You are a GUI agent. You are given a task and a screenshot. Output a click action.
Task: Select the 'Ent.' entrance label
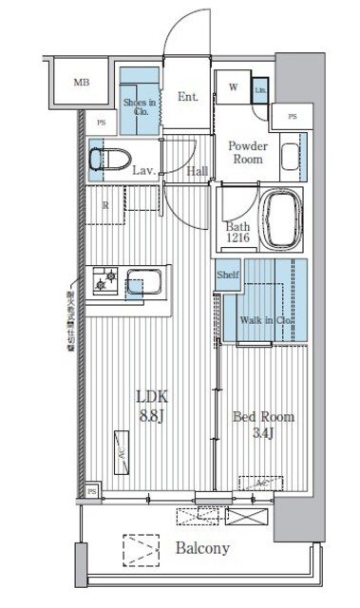[x=186, y=96]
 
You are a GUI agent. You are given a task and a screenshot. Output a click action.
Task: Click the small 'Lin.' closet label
[x=260, y=90]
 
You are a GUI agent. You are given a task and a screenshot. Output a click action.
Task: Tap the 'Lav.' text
[x=144, y=171]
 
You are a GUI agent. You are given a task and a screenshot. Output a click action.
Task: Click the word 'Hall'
[x=197, y=171]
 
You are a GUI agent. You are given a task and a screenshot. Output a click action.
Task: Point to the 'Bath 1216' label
[x=237, y=233]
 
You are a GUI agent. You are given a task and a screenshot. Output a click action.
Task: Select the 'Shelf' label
[x=228, y=275]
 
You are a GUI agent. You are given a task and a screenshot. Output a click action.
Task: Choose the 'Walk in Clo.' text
[x=267, y=320]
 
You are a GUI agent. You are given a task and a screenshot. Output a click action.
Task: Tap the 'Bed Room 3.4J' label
[x=263, y=425]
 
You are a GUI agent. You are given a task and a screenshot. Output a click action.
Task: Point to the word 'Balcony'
[x=200, y=549]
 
